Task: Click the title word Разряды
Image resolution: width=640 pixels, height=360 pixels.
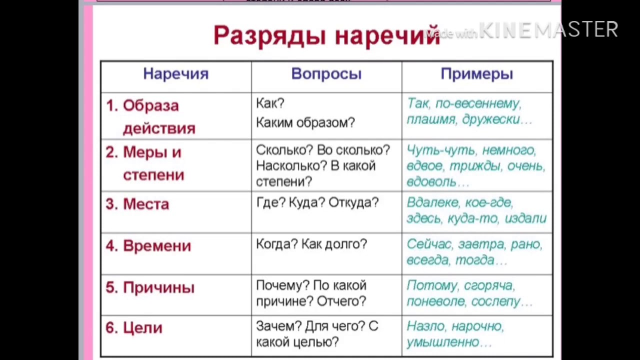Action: point(269,35)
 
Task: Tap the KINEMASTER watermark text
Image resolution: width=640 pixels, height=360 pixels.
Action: point(548,29)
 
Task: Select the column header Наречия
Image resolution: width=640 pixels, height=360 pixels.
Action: point(176,73)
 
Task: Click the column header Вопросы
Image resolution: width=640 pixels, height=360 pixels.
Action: point(326,73)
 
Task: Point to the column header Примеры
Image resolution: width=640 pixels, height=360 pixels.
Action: point(477,74)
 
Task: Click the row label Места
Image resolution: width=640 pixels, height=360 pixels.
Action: point(146,204)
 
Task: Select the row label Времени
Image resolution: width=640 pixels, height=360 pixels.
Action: point(157,245)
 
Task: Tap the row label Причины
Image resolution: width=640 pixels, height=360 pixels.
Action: point(159,287)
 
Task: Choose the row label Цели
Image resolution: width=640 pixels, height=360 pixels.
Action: point(142,327)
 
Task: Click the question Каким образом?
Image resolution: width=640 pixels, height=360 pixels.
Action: point(305,122)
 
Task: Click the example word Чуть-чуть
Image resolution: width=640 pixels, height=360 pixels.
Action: point(441,150)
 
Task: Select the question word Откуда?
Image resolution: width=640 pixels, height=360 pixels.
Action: point(353,202)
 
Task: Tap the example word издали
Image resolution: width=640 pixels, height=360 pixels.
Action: point(525,218)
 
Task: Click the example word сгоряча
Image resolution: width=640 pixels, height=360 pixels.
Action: point(489,285)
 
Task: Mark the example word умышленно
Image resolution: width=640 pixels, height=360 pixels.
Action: point(443,342)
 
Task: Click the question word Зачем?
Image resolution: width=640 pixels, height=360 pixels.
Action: point(279,326)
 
